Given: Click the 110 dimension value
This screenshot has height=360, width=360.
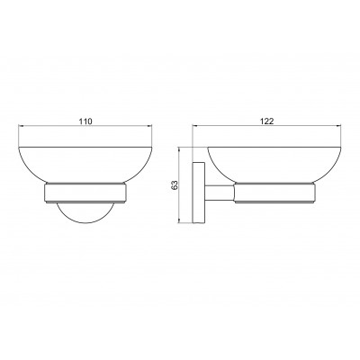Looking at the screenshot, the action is coord(85,121).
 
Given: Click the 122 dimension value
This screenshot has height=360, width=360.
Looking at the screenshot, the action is coord(267,121).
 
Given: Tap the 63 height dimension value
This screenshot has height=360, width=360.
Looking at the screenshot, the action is coord(175,184).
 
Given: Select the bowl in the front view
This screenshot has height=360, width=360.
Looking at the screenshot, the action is coord(85,165).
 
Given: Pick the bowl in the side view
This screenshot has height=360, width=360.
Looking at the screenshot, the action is coord(274,165).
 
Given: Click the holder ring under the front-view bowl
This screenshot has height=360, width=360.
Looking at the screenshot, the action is coord(85,193).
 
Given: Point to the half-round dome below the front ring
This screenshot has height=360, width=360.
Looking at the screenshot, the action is coord(85,213).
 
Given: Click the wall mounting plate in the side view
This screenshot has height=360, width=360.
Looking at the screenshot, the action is coord(199,193).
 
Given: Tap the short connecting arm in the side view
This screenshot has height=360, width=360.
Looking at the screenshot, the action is coord(220,193).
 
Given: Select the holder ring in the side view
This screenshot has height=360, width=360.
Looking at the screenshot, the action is coord(274,193).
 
